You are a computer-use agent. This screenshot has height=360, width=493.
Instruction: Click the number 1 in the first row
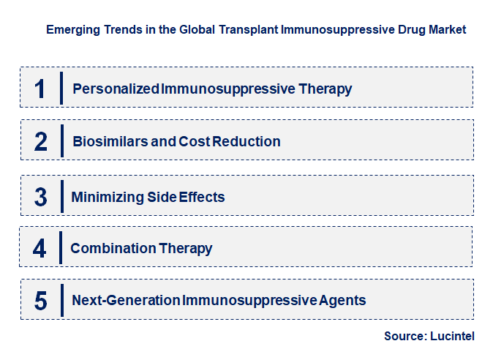(x=40, y=89)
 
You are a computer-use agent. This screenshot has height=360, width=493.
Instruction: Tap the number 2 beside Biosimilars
(x=41, y=141)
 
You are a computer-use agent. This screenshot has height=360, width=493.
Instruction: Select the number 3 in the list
(x=41, y=197)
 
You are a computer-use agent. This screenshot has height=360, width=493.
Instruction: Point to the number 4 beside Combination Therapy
(x=39, y=249)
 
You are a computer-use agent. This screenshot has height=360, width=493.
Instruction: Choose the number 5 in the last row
(x=41, y=300)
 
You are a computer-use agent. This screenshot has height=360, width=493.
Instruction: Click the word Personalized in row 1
(x=116, y=89)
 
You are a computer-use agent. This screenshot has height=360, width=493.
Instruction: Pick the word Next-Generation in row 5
(x=125, y=300)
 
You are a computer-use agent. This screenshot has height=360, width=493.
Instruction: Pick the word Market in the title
(x=447, y=30)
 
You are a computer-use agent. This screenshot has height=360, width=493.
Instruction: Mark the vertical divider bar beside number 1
(x=61, y=89)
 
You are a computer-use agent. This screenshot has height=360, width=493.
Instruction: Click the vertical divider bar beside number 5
(x=61, y=300)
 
